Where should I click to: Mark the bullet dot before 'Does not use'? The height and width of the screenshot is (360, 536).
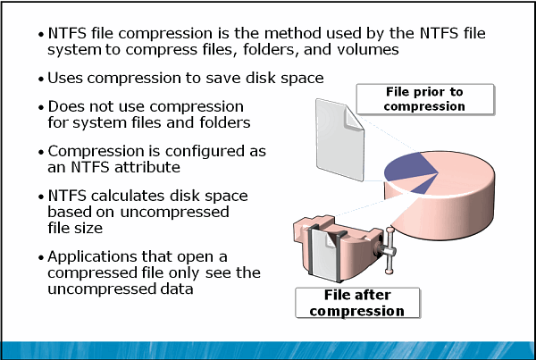click(x=40, y=108)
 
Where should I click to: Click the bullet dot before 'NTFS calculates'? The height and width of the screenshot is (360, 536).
click(x=40, y=197)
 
